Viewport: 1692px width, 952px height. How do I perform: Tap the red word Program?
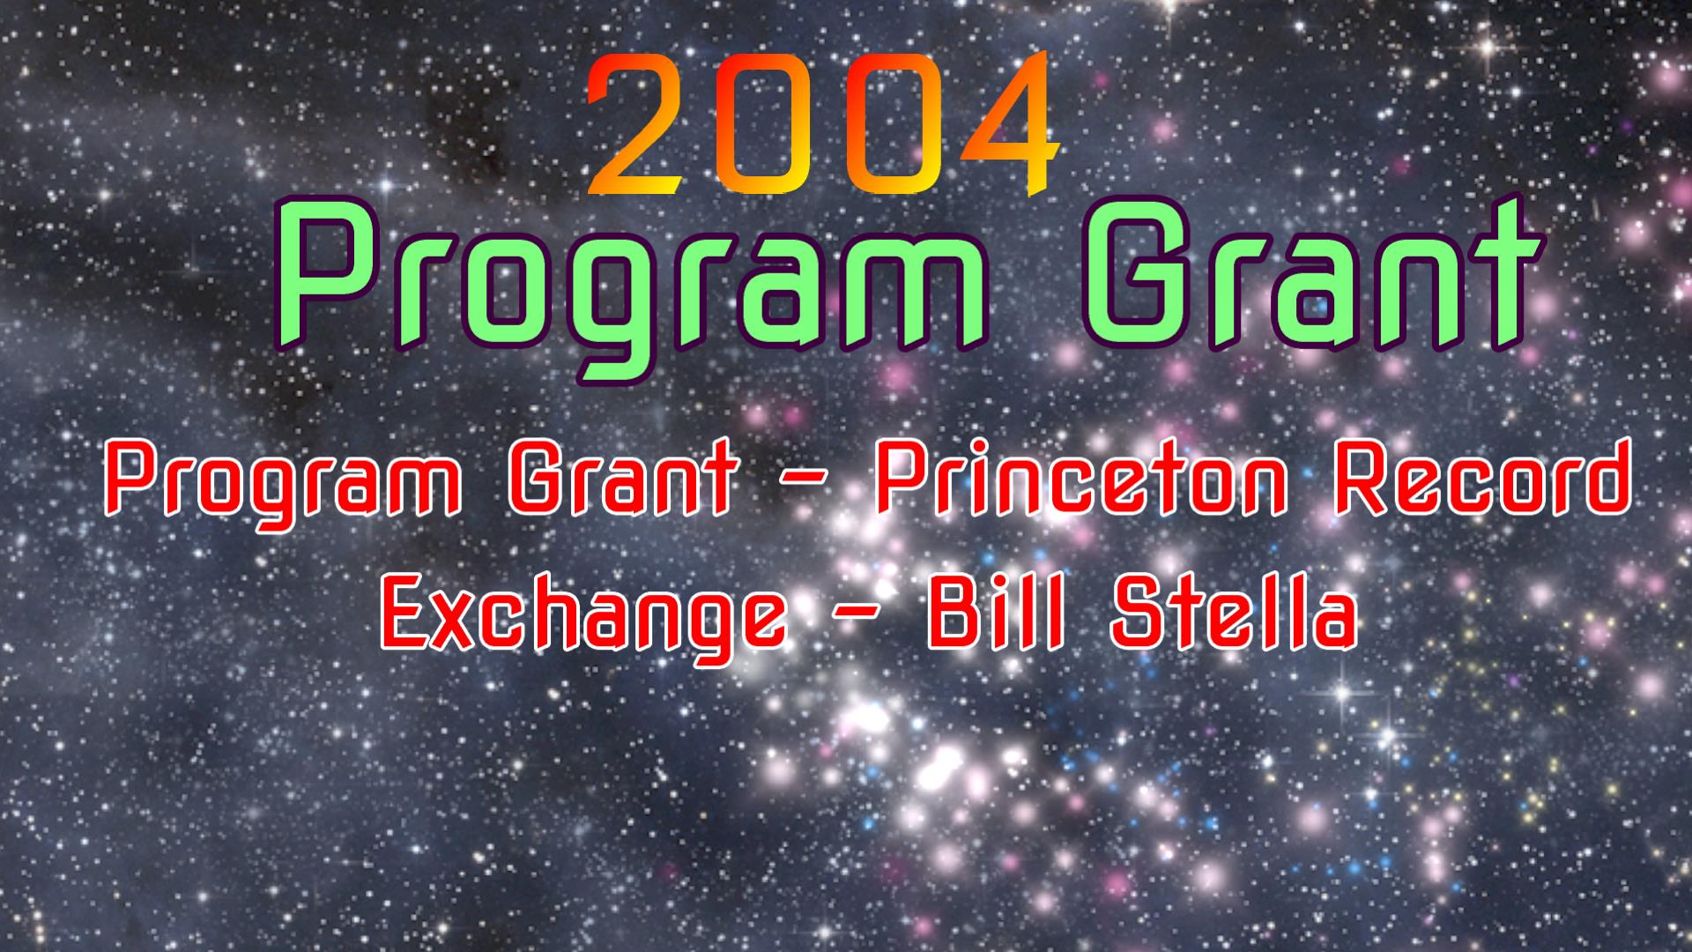[287, 485]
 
